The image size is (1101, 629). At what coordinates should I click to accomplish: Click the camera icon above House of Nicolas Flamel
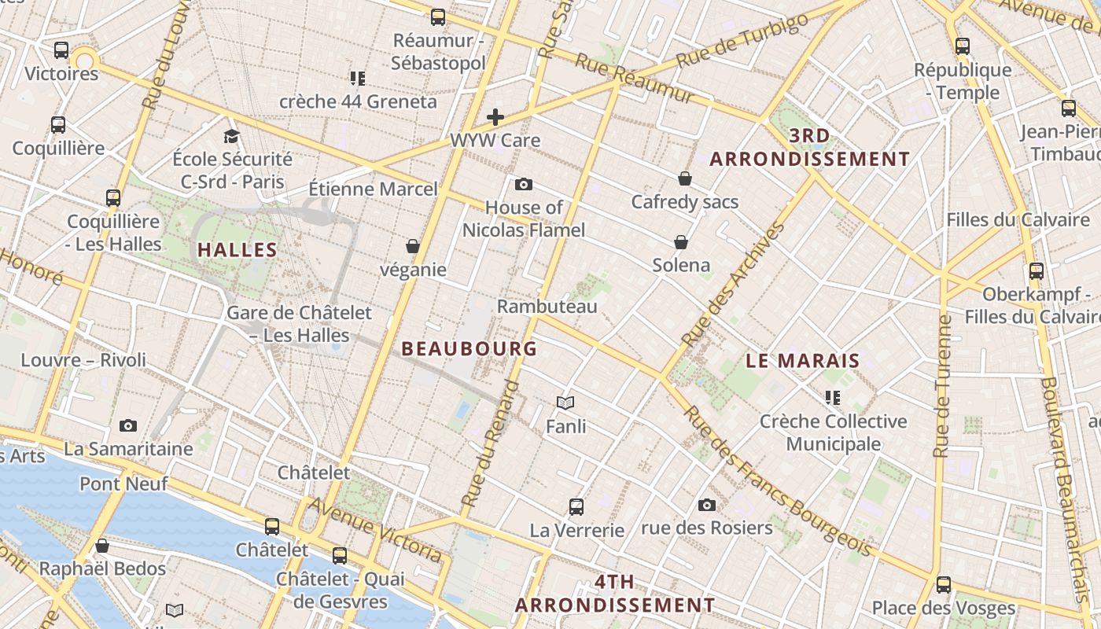523,185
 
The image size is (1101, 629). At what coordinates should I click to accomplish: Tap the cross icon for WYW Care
495,118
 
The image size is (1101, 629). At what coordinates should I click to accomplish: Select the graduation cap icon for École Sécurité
231,137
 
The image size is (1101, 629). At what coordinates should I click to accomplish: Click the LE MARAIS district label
802,361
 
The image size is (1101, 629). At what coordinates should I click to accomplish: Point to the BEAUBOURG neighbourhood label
469,348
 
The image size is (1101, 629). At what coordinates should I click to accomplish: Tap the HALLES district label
237,250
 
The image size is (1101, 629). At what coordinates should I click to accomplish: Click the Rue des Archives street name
733,285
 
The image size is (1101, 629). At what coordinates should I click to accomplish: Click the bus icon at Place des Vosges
943,585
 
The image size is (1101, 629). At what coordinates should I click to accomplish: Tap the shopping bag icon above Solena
681,242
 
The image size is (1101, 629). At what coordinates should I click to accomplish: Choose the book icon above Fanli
565,403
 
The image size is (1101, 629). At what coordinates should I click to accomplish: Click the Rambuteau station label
547,306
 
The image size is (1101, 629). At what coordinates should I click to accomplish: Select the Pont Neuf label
123,484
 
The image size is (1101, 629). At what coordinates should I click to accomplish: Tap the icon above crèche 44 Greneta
358,79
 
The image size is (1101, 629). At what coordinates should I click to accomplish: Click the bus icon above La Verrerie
576,507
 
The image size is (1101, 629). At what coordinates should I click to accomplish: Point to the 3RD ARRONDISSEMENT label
809,147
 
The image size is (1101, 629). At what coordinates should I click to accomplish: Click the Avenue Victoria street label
377,529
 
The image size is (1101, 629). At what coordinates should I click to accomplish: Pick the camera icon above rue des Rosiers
707,505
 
